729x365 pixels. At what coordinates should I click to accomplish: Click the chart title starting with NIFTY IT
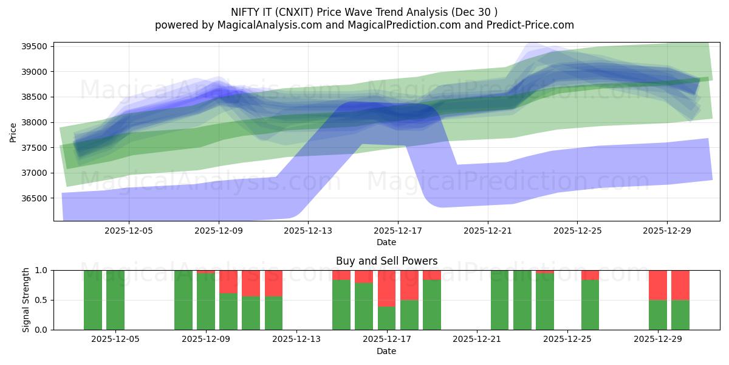[x=364, y=12]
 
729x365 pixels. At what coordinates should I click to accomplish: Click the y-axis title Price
[x=13, y=131]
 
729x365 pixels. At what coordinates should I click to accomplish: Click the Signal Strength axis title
[x=26, y=300]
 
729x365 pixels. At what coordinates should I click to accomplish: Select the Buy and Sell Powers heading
[x=386, y=261]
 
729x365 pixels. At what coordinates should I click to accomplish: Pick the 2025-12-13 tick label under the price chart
[x=308, y=231]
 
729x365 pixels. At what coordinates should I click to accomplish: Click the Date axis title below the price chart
[x=386, y=242]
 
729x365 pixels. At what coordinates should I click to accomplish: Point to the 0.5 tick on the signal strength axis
[x=41, y=300]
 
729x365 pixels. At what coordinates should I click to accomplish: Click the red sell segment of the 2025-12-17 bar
[x=387, y=288]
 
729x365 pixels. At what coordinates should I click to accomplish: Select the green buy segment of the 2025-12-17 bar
[x=387, y=318]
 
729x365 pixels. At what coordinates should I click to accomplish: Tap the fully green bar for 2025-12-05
[x=115, y=300]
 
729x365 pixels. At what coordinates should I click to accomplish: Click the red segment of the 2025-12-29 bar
[x=658, y=285]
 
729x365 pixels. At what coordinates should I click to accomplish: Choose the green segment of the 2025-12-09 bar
[x=206, y=302]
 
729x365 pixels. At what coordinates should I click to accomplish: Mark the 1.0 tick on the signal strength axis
[x=41, y=270]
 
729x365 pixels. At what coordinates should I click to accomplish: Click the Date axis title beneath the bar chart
[x=386, y=351]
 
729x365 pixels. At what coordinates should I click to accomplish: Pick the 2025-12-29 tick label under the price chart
[x=667, y=231]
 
